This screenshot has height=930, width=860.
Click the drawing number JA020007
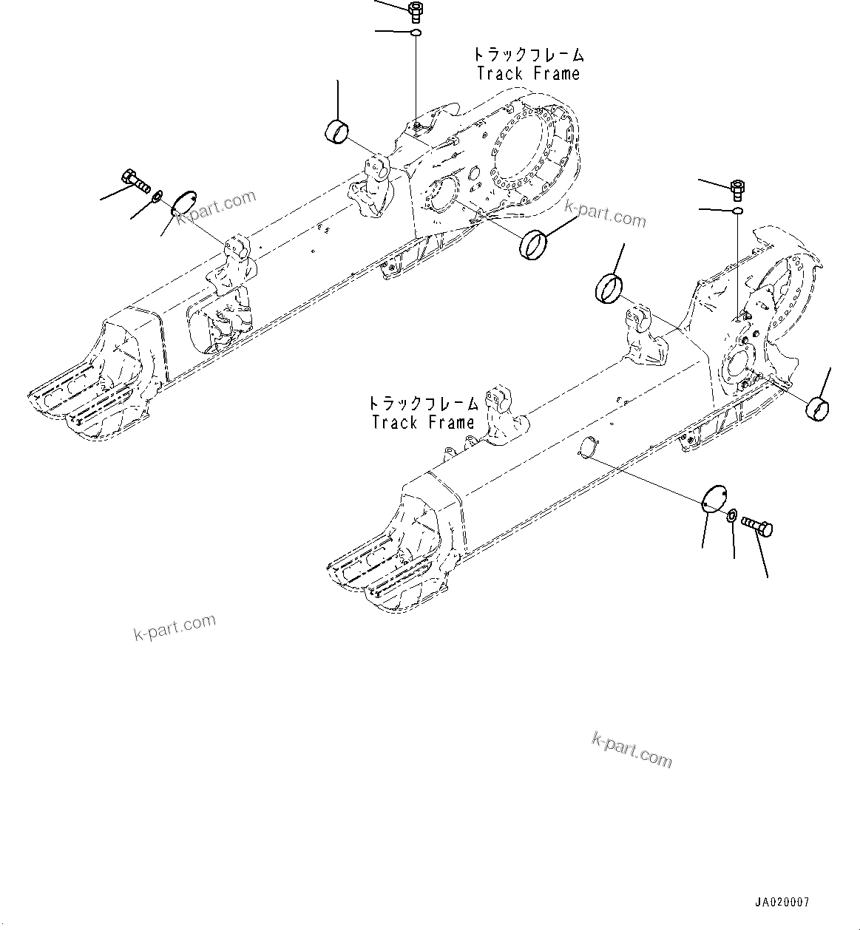coord(782,903)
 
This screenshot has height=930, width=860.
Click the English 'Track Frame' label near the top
coord(528,74)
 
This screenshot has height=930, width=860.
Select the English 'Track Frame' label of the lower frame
coord(423,423)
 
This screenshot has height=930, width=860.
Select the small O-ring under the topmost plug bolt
coord(416,33)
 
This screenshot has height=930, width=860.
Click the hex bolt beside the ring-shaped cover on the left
coord(134,179)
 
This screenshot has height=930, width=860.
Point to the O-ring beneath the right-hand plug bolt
coord(737,212)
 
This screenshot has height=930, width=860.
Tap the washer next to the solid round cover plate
coord(732,515)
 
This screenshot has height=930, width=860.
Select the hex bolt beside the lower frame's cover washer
coord(757,526)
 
